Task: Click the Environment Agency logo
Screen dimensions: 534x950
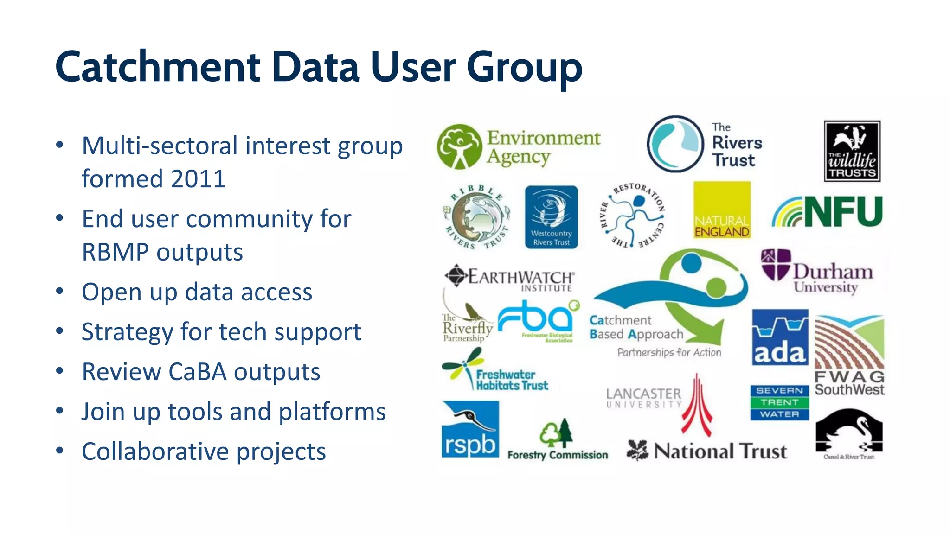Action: click(x=519, y=146)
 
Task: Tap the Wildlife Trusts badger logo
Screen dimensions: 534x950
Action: click(x=852, y=151)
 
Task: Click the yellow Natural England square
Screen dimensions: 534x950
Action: click(x=722, y=210)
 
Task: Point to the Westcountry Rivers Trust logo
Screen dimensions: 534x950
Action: click(x=551, y=217)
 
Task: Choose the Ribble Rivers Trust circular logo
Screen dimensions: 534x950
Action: click(x=477, y=217)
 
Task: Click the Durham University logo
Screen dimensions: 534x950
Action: click(x=817, y=272)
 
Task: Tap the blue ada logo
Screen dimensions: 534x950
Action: click(x=780, y=337)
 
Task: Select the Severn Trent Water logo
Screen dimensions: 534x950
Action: click(x=779, y=402)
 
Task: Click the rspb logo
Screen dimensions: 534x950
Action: click(x=470, y=429)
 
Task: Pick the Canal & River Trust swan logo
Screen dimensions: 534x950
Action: click(x=849, y=433)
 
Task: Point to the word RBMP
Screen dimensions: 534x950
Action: click(x=115, y=252)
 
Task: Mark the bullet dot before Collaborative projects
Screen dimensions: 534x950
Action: click(x=59, y=451)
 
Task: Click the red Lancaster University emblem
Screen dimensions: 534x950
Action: click(x=697, y=405)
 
